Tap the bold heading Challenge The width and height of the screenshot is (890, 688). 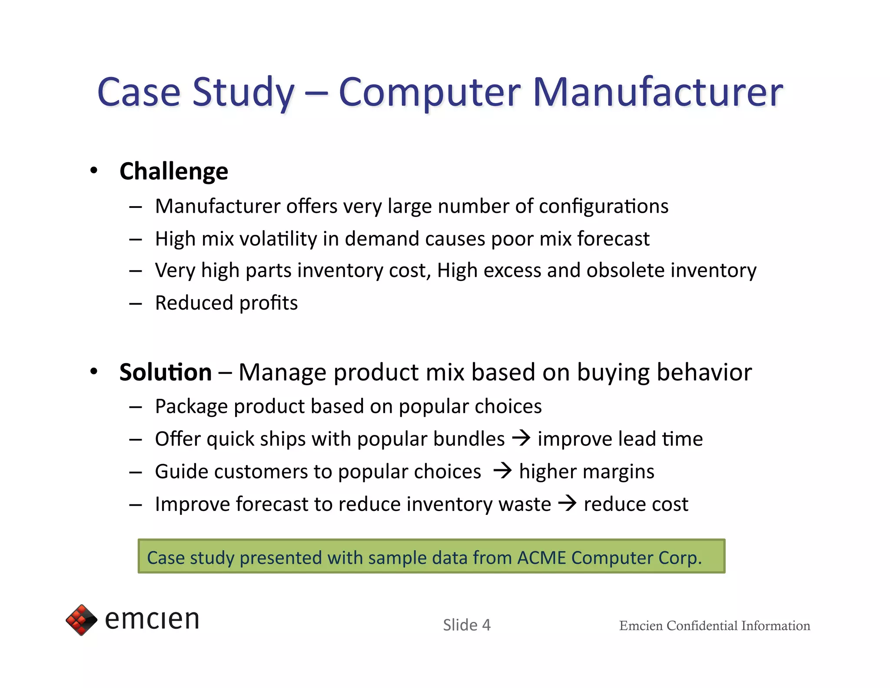coord(173,171)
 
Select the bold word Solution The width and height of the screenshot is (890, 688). coord(166,372)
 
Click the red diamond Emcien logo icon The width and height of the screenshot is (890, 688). coord(81,620)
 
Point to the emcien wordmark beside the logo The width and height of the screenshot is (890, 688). coord(152,619)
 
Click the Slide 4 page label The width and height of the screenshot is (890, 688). coord(466,625)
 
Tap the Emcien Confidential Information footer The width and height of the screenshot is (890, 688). coord(714,625)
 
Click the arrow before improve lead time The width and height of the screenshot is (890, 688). coord(521,438)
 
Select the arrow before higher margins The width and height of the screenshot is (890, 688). coord(502,470)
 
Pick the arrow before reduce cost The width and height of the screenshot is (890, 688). coord(567,503)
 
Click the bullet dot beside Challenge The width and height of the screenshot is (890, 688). coord(93,170)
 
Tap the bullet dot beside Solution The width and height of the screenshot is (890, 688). coord(93,371)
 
